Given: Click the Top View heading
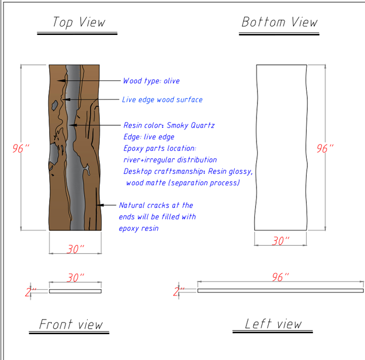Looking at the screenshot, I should click(79, 22).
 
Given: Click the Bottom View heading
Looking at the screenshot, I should click(279, 22).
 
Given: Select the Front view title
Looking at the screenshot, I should click(71, 325).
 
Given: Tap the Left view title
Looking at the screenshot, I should click(273, 324).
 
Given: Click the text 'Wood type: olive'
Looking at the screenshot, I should click(151, 81).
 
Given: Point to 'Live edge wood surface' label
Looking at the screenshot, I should click(162, 100).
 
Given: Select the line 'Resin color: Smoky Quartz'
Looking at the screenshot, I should click(169, 125).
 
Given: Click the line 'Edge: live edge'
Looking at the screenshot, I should click(149, 137).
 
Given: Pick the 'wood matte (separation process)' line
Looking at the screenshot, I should click(182, 183).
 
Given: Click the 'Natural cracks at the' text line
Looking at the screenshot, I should click(156, 206).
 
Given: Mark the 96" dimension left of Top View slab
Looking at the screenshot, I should click(21, 149).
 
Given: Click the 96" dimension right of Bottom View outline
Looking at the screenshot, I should click(325, 149).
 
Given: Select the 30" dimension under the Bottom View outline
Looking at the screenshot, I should click(280, 242).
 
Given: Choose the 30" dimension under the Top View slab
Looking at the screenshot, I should click(76, 250).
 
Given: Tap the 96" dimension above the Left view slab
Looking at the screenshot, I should click(280, 277).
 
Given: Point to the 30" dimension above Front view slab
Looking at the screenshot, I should click(76, 278).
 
